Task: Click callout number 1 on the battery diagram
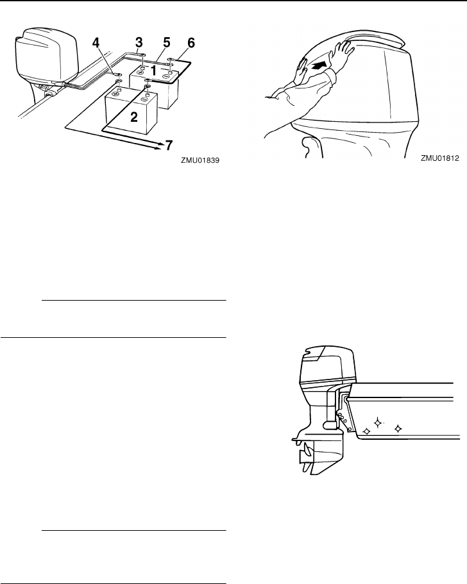(153, 72)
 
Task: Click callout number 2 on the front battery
(134, 117)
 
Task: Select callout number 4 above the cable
(96, 45)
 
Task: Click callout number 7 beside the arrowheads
(169, 146)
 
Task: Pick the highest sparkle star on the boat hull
(378, 421)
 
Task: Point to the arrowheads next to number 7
(157, 145)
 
